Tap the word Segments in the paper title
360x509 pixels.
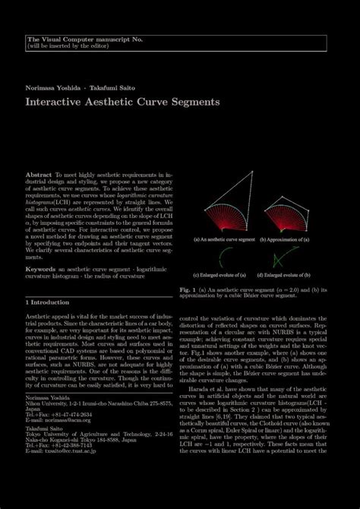193,100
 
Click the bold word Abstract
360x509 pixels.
38,175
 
